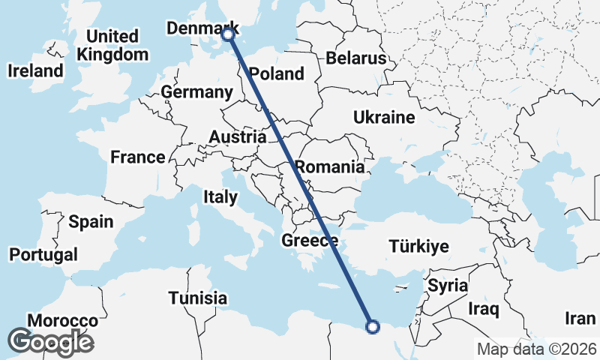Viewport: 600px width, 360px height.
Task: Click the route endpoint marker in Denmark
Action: tap(228, 33)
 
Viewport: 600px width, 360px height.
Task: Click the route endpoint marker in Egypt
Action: tap(373, 325)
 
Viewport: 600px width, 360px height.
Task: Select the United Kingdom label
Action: tap(112, 45)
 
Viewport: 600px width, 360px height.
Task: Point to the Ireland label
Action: tap(35, 71)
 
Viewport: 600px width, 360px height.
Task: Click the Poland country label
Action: tap(277, 73)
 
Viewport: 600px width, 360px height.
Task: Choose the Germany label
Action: tap(196, 92)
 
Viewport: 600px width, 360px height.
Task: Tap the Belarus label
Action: tap(355, 58)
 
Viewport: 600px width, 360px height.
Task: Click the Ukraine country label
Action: tap(384, 118)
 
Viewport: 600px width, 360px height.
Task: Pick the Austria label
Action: tap(237, 137)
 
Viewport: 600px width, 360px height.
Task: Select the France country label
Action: tap(137, 157)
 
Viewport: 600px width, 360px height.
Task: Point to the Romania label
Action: tap(329, 166)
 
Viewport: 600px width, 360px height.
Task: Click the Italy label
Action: tap(220, 197)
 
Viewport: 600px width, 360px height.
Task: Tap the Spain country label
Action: tap(91, 221)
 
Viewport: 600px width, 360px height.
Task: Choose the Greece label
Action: tap(310, 241)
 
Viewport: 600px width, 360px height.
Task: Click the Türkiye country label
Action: tap(418, 246)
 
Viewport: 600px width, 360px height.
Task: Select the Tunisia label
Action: tap(197, 298)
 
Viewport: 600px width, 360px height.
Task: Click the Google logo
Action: tap(50, 341)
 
